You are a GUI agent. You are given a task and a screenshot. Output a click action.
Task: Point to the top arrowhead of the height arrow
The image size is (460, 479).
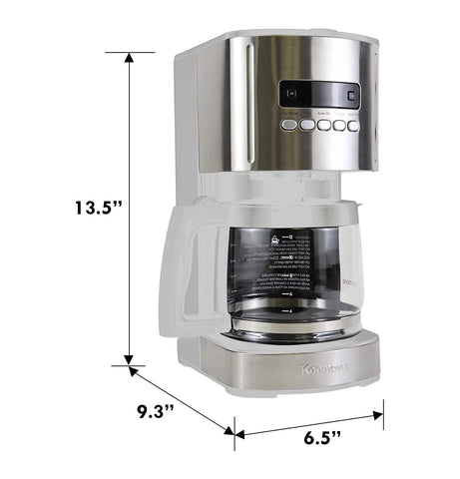tap(129, 59)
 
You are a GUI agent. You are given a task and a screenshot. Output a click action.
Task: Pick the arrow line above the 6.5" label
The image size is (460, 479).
tap(309, 420)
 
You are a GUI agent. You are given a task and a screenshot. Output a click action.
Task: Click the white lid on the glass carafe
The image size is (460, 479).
tap(269, 210)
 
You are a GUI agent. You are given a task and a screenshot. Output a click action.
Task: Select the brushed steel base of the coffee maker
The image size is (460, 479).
tap(289, 370)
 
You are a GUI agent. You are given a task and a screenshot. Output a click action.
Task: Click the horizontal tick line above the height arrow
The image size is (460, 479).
tap(129, 51)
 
